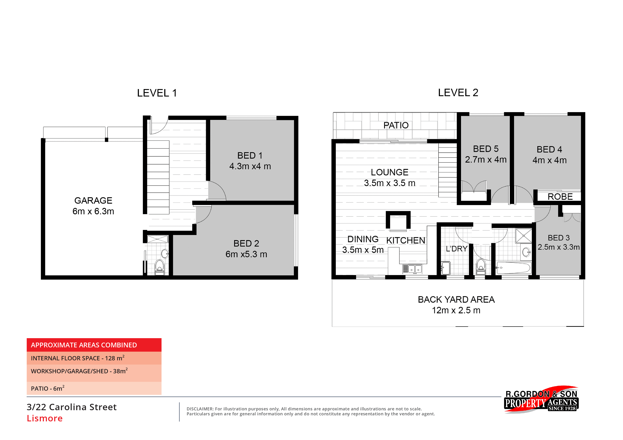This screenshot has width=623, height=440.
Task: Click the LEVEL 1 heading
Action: (157, 93)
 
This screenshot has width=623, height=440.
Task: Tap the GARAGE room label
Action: (93, 201)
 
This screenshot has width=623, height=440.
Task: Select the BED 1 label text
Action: (250, 156)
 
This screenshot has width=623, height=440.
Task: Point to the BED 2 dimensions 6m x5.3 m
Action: (246, 254)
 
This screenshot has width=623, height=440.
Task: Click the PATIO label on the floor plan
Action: (396, 125)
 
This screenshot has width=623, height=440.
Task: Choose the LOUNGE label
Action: (390, 172)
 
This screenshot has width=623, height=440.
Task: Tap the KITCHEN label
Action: (406, 240)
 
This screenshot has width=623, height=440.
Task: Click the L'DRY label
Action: (456, 249)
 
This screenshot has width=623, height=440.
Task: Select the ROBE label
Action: (560, 197)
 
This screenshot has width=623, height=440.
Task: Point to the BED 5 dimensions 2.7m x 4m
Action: (486, 160)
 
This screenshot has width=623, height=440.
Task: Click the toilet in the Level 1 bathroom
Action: (159, 267)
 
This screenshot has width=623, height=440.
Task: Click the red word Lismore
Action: (45, 418)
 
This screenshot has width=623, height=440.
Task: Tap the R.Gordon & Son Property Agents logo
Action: (541, 399)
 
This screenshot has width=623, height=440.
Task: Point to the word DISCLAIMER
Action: (200, 409)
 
